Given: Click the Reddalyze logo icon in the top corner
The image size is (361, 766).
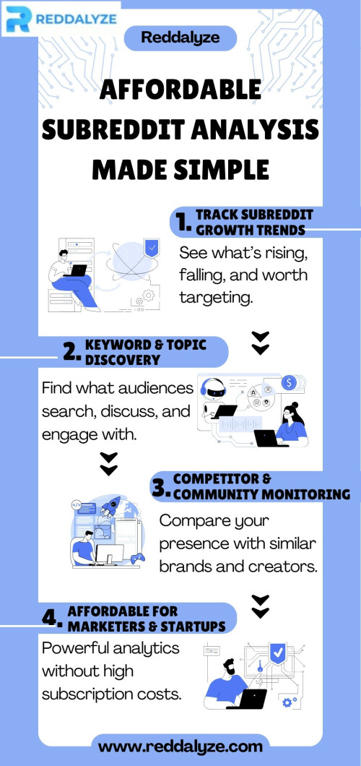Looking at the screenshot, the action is (x=19, y=20).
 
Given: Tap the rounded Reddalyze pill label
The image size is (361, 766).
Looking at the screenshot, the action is (x=180, y=38).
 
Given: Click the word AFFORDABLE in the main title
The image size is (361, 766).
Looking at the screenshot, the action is (x=180, y=91).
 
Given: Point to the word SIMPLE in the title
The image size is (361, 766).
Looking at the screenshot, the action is (x=222, y=169).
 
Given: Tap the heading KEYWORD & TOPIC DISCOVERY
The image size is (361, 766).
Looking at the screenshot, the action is (x=145, y=352).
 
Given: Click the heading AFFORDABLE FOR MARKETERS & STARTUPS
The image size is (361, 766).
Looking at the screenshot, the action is (x=147, y=618).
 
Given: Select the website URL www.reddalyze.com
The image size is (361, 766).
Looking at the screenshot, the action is (x=180, y=746).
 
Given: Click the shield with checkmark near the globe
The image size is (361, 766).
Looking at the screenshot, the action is (x=152, y=249).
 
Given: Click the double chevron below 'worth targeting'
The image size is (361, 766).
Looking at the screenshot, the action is (x=261, y=343).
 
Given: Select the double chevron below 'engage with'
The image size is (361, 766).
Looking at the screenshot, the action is (x=108, y=464).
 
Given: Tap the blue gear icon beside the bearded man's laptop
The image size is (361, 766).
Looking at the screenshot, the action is (x=287, y=702).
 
